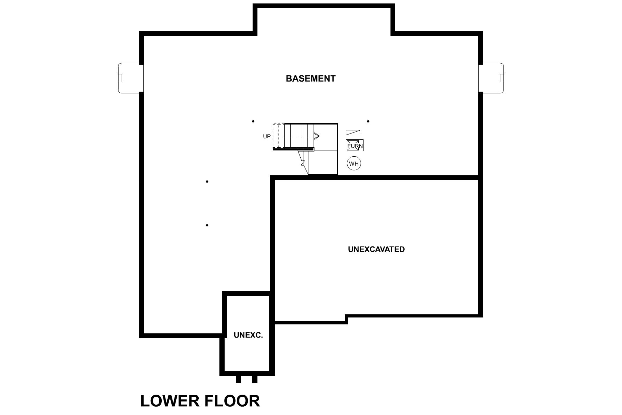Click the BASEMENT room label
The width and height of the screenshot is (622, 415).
click(x=310, y=79)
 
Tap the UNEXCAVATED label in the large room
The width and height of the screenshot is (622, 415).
click(x=376, y=249)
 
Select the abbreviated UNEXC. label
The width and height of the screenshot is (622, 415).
click(x=248, y=335)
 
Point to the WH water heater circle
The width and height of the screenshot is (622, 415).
click(x=354, y=164)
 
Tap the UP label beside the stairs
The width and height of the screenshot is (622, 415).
click(x=267, y=137)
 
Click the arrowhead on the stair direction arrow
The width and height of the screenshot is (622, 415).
click(x=317, y=136)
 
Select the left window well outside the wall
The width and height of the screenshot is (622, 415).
click(x=129, y=78)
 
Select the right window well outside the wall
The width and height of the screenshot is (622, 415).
click(x=493, y=78)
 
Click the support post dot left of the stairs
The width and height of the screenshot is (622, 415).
click(x=253, y=121)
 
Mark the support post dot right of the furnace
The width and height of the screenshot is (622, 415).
click(x=368, y=121)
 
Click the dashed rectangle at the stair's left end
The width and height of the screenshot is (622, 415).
click(x=279, y=136)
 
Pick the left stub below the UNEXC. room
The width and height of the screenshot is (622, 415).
click(x=238, y=379)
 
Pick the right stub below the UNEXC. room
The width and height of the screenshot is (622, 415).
click(x=255, y=379)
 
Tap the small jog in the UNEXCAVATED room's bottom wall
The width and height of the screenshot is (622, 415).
click(x=346, y=319)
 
